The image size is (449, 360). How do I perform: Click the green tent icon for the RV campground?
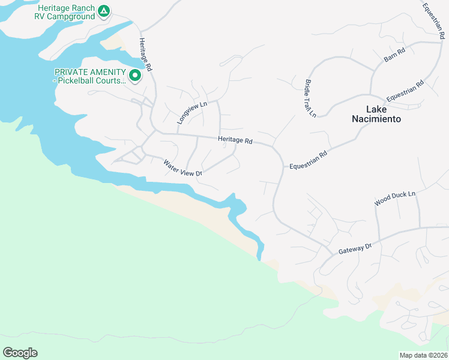[x=104, y=11]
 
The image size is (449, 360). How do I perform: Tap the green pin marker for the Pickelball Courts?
[x=135, y=76]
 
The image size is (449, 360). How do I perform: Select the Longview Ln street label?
[x=191, y=112]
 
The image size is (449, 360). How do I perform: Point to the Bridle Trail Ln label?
[x=310, y=98]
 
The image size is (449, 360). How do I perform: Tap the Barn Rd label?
[x=394, y=55]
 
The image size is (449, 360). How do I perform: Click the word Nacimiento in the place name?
[x=376, y=119]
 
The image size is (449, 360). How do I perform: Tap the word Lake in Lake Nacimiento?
[x=376, y=109]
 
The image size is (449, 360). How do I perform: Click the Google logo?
[x=20, y=352]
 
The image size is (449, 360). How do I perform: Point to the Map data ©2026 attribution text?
[x=423, y=355]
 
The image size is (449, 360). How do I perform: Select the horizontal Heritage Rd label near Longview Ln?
[x=235, y=140]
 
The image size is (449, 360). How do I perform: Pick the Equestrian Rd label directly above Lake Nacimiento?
[x=405, y=91]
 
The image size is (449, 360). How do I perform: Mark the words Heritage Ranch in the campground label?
[x=66, y=8]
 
